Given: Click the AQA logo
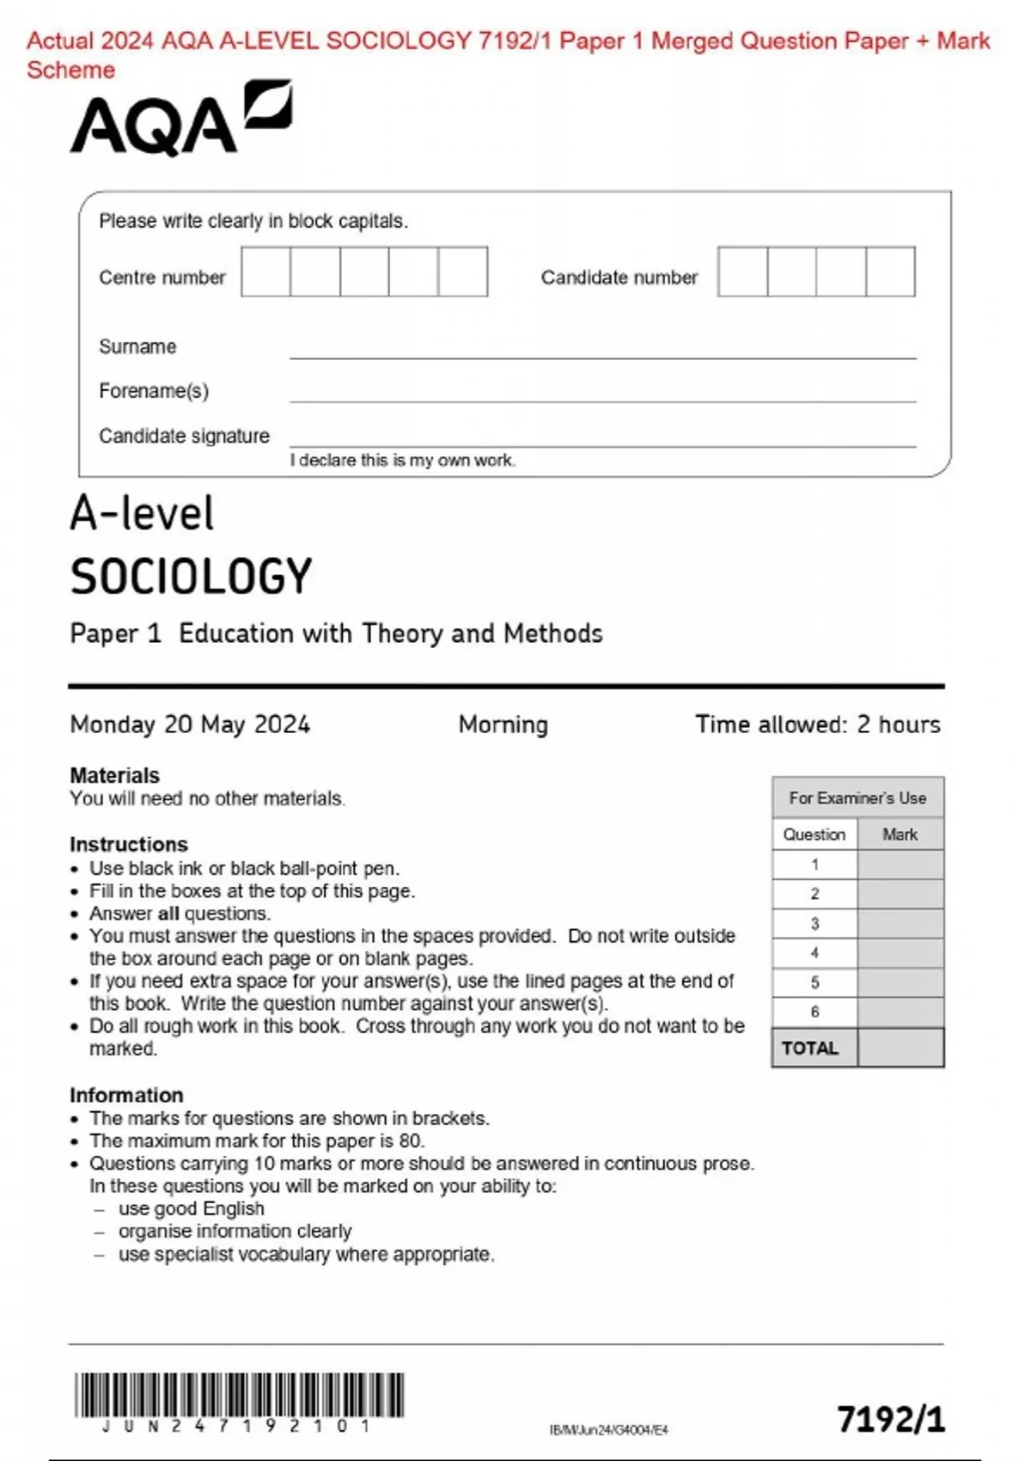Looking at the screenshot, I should pos(180,120).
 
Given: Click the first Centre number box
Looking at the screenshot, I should pos(265,272).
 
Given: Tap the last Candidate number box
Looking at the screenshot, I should pos(890,272).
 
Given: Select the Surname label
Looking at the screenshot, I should pos(137,346).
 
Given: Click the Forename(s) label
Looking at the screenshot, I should pos(154,391).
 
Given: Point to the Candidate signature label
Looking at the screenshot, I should pos(184,436).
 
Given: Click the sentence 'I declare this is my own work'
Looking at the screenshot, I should pos(402,461).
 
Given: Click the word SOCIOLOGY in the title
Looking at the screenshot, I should pos(191,577).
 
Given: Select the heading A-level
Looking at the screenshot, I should pos(142,514).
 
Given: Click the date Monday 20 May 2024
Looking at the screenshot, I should pos(190,724).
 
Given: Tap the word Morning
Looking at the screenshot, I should pos(503,724).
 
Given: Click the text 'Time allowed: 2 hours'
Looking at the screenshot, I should pos(817,724).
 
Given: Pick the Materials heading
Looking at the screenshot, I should pos(114,775).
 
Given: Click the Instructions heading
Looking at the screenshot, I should pos(129,844).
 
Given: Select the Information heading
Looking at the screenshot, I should pos(126,1095).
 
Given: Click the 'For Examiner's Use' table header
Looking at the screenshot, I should pos(857,798).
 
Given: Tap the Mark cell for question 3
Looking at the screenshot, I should pos(900,924).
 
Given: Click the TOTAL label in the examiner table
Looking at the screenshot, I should pos(809,1048).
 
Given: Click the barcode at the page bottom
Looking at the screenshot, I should pos(239,1396).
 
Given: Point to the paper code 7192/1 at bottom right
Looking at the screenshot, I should pos(891,1419).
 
